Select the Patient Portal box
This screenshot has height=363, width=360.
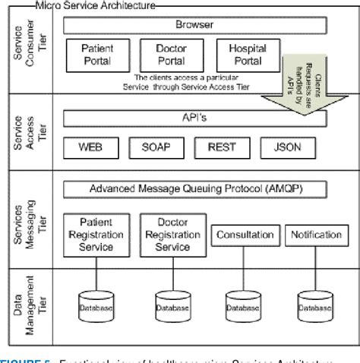[x=97, y=53]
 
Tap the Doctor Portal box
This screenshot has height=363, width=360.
[x=172, y=53]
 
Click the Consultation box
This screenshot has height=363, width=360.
[x=245, y=235]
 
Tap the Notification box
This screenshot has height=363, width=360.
[x=315, y=235]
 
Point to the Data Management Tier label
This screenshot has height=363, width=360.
[x=27, y=302]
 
